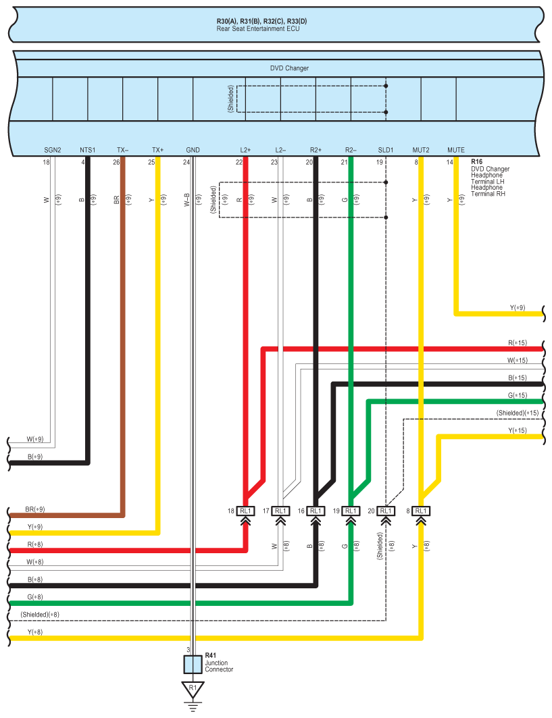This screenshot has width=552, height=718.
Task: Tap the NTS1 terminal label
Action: (x=88, y=149)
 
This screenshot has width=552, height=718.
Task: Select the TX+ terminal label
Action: (x=158, y=149)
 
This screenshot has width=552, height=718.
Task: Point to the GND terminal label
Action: (x=193, y=149)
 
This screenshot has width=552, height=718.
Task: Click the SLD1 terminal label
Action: (x=386, y=149)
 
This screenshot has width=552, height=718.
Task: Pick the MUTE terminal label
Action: (x=456, y=149)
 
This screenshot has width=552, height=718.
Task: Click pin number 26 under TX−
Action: (x=117, y=162)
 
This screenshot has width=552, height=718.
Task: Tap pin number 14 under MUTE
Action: (x=450, y=162)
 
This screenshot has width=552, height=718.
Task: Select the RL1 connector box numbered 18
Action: (x=245, y=511)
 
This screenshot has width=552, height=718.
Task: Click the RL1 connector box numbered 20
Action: (x=386, y=511)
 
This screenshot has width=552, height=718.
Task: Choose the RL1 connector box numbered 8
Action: (x=421, y=511)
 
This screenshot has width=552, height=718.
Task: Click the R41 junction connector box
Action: (x=193, y=664)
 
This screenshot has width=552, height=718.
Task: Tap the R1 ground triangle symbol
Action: (x=193, y=689)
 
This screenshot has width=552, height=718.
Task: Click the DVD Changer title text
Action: (x=289, y=68)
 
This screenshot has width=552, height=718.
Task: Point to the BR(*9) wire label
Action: (x=34, y=509)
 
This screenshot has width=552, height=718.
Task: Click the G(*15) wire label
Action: (x=517, y=395)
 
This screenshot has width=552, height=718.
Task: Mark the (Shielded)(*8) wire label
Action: (x=40, y=615)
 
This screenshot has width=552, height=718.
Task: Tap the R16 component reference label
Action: (x=477, y=163)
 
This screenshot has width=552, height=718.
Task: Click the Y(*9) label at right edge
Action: (x=518, y=308)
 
